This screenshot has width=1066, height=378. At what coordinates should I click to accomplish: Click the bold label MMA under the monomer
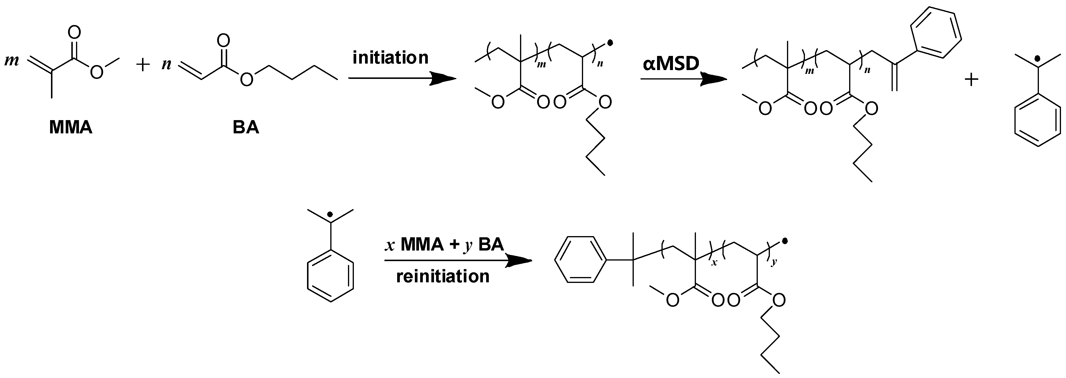click(x=71, y=127)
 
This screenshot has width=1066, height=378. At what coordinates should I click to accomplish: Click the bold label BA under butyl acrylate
click(x=246, y=127)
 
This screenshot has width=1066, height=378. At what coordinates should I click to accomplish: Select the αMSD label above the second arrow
click(x=671, y=64)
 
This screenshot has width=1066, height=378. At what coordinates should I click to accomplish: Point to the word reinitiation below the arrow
click(x=443, y=276)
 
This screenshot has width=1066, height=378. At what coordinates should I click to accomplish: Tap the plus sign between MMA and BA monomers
click(x=143, y=65)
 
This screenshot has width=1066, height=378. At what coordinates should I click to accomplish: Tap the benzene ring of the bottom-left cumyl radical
click(x=330, y=276)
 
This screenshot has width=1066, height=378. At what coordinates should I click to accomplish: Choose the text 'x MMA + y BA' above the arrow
click(x=444, y=245)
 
